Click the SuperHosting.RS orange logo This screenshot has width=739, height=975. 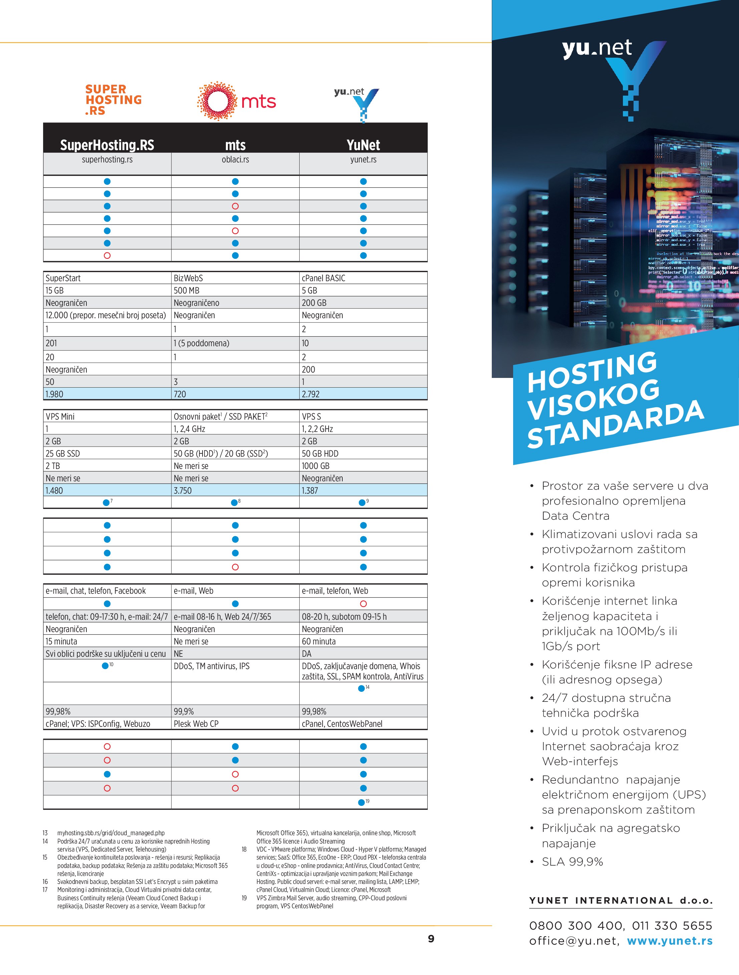[x=113, y=100]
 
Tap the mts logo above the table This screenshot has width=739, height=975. [x=236, y=101]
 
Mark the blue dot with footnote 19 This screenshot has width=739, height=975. [x=362, y=802]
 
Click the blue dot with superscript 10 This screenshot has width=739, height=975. [x=105, y=665]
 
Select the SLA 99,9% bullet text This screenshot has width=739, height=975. [x=572, y=862]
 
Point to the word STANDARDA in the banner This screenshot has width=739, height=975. [x=615, y=423]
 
